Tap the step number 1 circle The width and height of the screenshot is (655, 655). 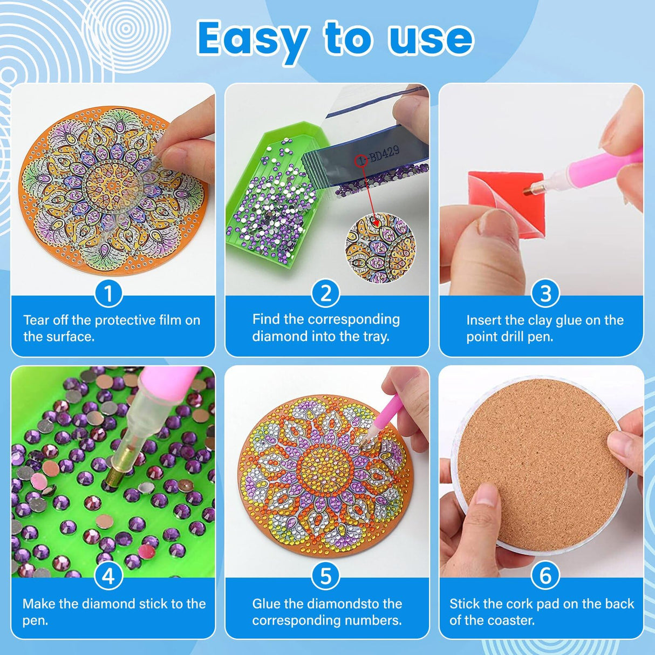point(108,294)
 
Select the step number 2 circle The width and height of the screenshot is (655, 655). point(326,294)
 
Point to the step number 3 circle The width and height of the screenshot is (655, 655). point(545,294)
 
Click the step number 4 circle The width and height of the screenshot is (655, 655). point(108,576)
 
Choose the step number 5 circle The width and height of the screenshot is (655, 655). point(326,576)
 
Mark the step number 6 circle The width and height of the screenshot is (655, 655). point(545,576)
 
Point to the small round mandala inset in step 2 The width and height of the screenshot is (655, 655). point(380,248)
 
